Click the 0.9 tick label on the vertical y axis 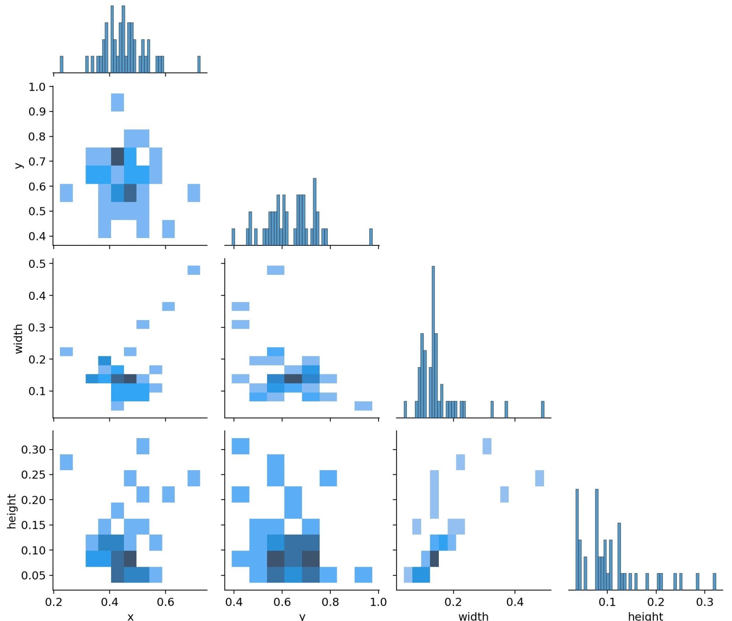click(36, 112)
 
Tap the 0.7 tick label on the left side click(36, 162)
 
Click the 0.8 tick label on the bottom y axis click(330, 602)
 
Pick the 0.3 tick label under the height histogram click(705, 602)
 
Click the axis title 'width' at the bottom click(473, 616)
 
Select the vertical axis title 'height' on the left click(12, 512)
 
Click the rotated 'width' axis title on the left click(18, 338)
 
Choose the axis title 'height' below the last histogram click(645, 616)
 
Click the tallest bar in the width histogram click(433, 342)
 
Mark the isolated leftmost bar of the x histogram click(62, 65)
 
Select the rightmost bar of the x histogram click(199, 65)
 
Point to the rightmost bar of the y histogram click(371, 237)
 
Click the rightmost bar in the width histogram click(543, 409)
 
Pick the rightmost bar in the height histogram click(714, 582)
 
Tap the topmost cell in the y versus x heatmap click(118, 103)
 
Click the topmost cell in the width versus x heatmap click(194, 270)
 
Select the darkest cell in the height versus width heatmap click(434, 559)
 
